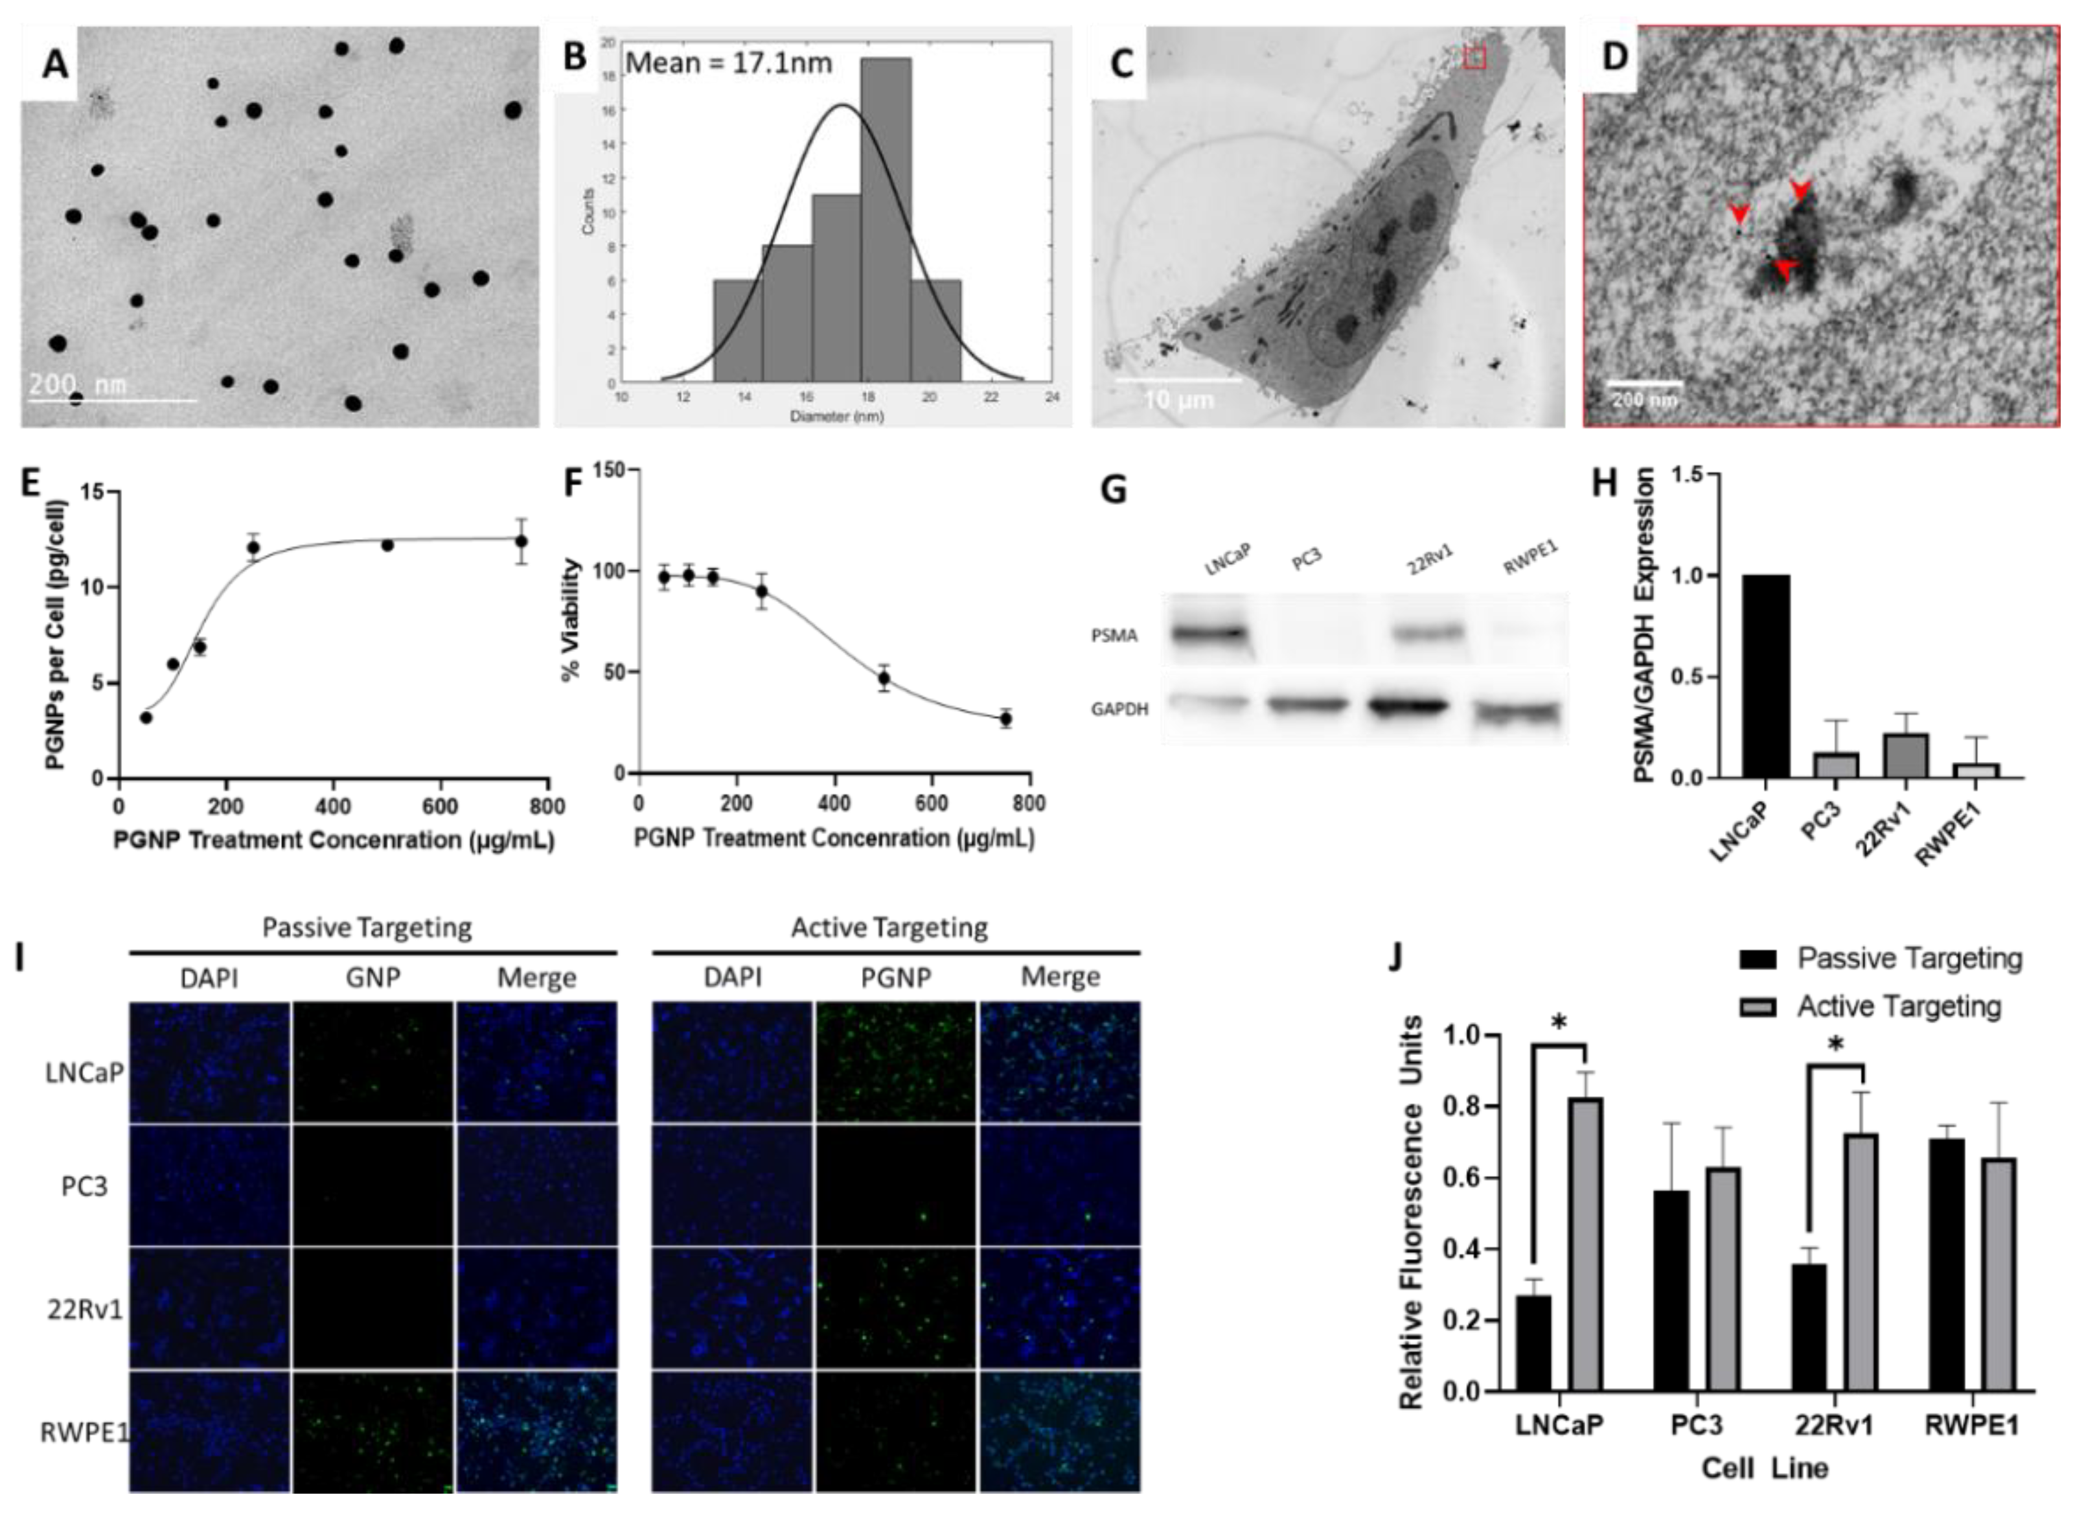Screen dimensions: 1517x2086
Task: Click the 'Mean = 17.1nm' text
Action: pos(728,63)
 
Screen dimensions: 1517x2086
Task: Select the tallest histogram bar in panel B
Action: pos(886,221)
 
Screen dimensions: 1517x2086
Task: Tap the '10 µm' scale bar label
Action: pos(1178,401)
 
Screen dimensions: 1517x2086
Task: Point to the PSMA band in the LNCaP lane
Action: pos(1208,634)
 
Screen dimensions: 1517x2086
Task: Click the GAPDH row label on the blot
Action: pos(1119,710)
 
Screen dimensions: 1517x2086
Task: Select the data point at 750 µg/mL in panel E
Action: pos(521,541)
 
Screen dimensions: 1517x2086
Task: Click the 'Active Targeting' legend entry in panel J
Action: pos(1898,1006)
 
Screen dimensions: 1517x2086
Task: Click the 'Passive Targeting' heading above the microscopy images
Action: pos(367,927)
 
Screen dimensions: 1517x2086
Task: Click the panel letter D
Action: pos(1614,56)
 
